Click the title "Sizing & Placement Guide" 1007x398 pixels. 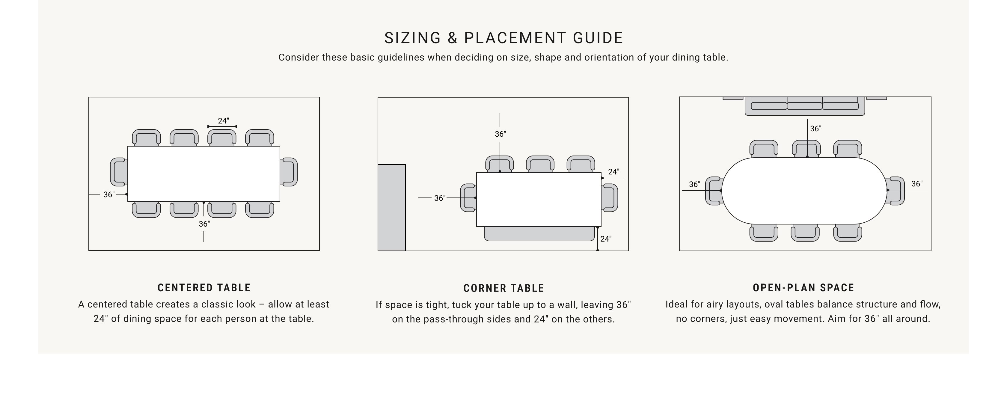[x=503, y=38]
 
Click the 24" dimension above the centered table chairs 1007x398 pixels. [x=223, y=121]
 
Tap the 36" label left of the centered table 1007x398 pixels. [x=109, y=194]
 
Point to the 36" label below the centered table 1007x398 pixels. [x=204, y=224]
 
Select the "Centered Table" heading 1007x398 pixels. [x=204, y=288]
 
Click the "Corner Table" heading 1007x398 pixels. [x=503, y=288]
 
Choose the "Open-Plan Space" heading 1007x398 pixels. [x=803, y=288]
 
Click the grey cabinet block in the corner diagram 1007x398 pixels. [x=392, y=208]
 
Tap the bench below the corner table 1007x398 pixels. [x=539, y=234]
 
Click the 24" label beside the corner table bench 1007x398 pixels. [x=606, y=239]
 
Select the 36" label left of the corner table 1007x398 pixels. [x=440, y=198]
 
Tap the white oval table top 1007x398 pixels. [x=804, y=191]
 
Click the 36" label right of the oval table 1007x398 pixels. [x=917, y=184]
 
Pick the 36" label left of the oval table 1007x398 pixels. [x=695, y=184]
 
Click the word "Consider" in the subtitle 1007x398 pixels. [x=299, y=58]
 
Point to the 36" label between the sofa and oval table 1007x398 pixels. [x=815, y=129]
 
